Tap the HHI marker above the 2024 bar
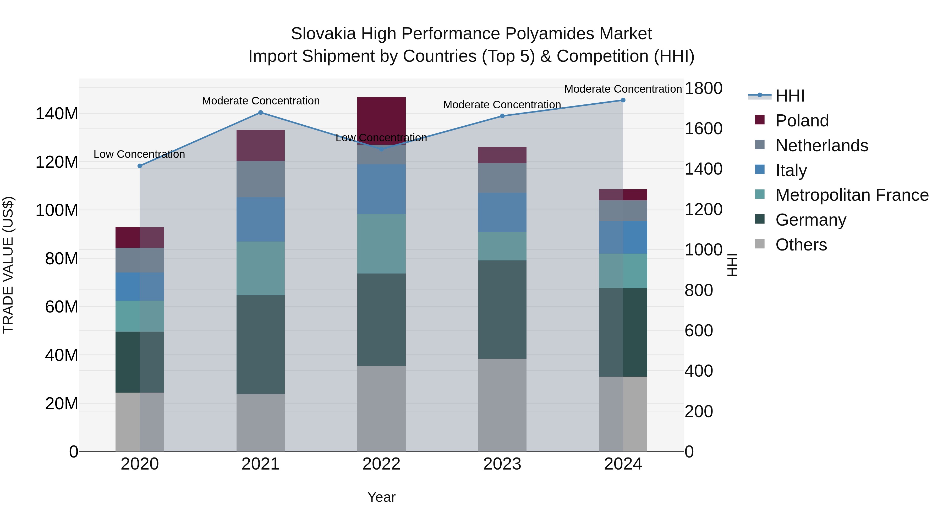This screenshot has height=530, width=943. click(623, 100)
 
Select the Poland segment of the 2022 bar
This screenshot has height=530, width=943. click(381, 117)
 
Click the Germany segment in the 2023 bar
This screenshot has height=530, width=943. click(502, 309)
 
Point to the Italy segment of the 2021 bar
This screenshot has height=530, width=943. click(260, 220)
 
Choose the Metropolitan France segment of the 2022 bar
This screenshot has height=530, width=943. click(381, 244)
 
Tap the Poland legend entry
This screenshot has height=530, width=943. click(802, 121)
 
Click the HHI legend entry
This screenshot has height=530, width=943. click(790, 96)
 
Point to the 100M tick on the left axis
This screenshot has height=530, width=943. click(57, 210)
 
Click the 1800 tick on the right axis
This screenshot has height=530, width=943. click(703, 88)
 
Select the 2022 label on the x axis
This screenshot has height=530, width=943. click(381, 464)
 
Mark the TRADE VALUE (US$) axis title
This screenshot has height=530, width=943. click(8, 265)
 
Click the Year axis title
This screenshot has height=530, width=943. click(381, 497)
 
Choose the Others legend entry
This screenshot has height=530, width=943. click(801, 245)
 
